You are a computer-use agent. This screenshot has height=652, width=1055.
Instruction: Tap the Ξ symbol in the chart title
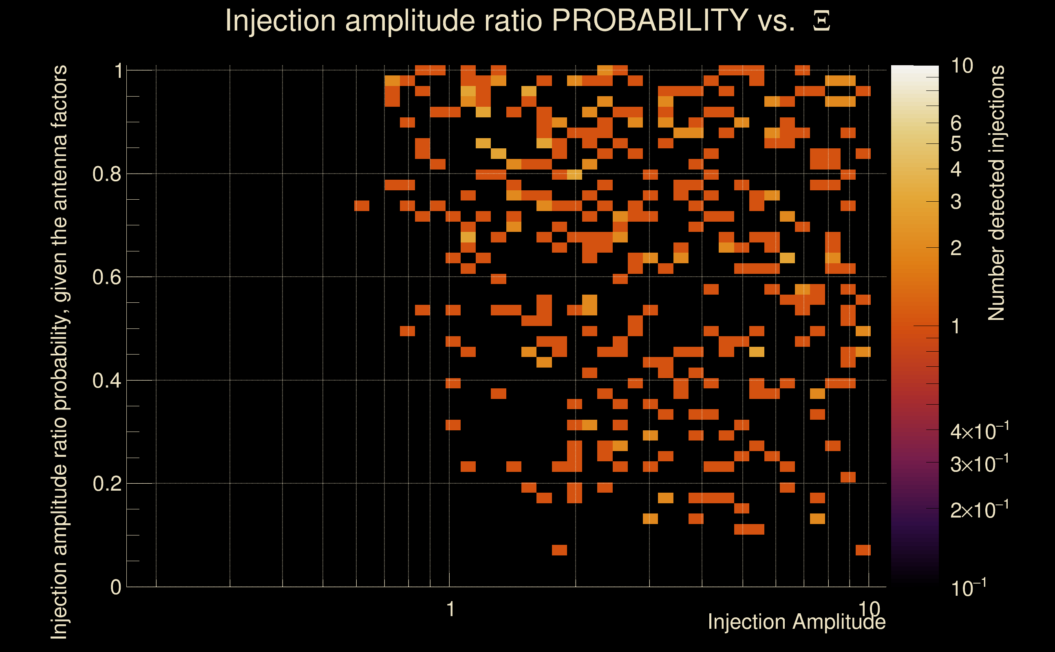tap(821, 21)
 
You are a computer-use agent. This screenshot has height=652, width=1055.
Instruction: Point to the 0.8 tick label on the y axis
tap(106, 174)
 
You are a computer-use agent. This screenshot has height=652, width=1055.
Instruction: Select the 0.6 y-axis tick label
tap(106, 277)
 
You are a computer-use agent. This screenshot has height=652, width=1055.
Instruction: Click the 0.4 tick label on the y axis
tap(106, 381)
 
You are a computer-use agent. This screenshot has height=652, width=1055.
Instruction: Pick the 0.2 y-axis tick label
tap(106, 484)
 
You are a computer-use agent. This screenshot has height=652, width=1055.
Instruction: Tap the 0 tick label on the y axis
tap(116, 587)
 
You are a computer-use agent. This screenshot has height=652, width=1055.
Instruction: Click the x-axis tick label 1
tap(450, 609)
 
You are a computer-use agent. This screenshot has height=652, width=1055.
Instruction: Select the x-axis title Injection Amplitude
tap(796, 622)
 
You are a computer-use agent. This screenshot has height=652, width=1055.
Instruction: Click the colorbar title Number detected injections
tap(996, 193)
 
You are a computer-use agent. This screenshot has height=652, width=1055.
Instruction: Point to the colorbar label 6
tap(956, 123)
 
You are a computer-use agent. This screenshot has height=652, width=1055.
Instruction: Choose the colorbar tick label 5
tap(956, 144)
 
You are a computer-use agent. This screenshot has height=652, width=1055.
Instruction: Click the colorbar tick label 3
tap(956, 202)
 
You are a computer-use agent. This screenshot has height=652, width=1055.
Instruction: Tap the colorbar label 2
tap(956, 248)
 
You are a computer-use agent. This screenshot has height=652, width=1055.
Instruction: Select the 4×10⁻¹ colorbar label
tap(979, 431)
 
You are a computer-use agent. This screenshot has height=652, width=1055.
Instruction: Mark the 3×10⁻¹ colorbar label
tap(979, 464)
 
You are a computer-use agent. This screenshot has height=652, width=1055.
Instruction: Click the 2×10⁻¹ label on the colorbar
tap(979, 510)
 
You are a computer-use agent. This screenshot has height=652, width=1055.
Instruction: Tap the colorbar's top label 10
tap(962, 66)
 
